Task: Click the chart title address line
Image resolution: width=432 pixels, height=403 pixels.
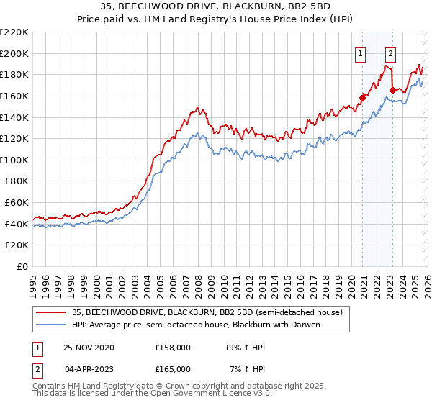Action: coord(216,6)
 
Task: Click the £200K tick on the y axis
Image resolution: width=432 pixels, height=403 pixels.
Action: coord(14,53)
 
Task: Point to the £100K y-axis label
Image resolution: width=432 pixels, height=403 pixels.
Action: coord(14,160)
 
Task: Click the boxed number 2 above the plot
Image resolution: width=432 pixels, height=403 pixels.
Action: coord(390,52)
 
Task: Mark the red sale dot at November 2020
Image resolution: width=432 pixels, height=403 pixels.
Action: coord(362,98)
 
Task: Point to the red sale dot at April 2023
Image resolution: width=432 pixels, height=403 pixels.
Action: coord(392,90)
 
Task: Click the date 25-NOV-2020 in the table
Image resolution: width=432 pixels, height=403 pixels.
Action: coord(89,347)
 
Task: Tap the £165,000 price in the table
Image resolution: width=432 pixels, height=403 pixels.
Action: coord(172,368)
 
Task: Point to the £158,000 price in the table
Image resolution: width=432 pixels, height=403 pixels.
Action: coord(172,347)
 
